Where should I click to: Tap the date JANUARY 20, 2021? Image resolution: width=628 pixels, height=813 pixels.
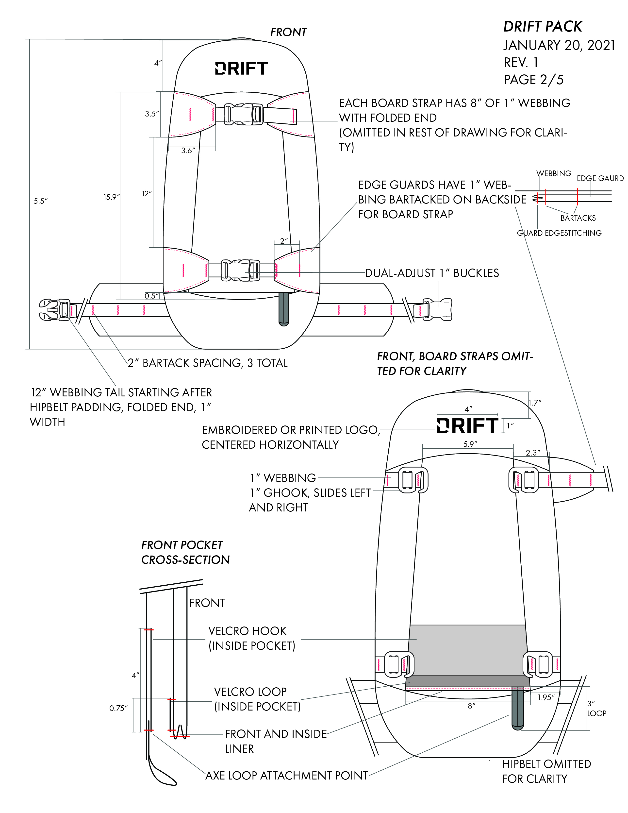pyautogui.click(x=559, y=45)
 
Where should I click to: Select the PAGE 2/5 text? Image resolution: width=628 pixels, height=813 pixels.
pyautogui.click(x=533, y=80)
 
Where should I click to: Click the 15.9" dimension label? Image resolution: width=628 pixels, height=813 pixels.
pyautogui.click(x=111, y=197)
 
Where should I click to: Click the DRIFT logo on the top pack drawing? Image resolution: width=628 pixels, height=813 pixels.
pyautogui.click(x=241, y=68)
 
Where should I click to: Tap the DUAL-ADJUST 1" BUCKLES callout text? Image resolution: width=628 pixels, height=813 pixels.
pyautogui.click(x=432, y=273)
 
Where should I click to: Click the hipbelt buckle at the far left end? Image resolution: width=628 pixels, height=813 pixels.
pyautogui.click(x=56, y=310)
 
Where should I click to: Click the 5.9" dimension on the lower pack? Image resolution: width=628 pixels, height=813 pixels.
pyautogui.click(x=470, y=444)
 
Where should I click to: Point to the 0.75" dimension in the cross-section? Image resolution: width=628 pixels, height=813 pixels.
pyautogui.click(x=118, y=708)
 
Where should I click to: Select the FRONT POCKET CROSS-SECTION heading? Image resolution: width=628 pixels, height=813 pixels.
pyautogui.click(x=185, y=552)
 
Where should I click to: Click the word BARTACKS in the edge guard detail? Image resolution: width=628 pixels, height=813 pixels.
pyautogui.click(x=578, y=218)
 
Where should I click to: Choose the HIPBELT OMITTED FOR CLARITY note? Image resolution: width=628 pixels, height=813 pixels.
pyautogui.click(x=546, y=771)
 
